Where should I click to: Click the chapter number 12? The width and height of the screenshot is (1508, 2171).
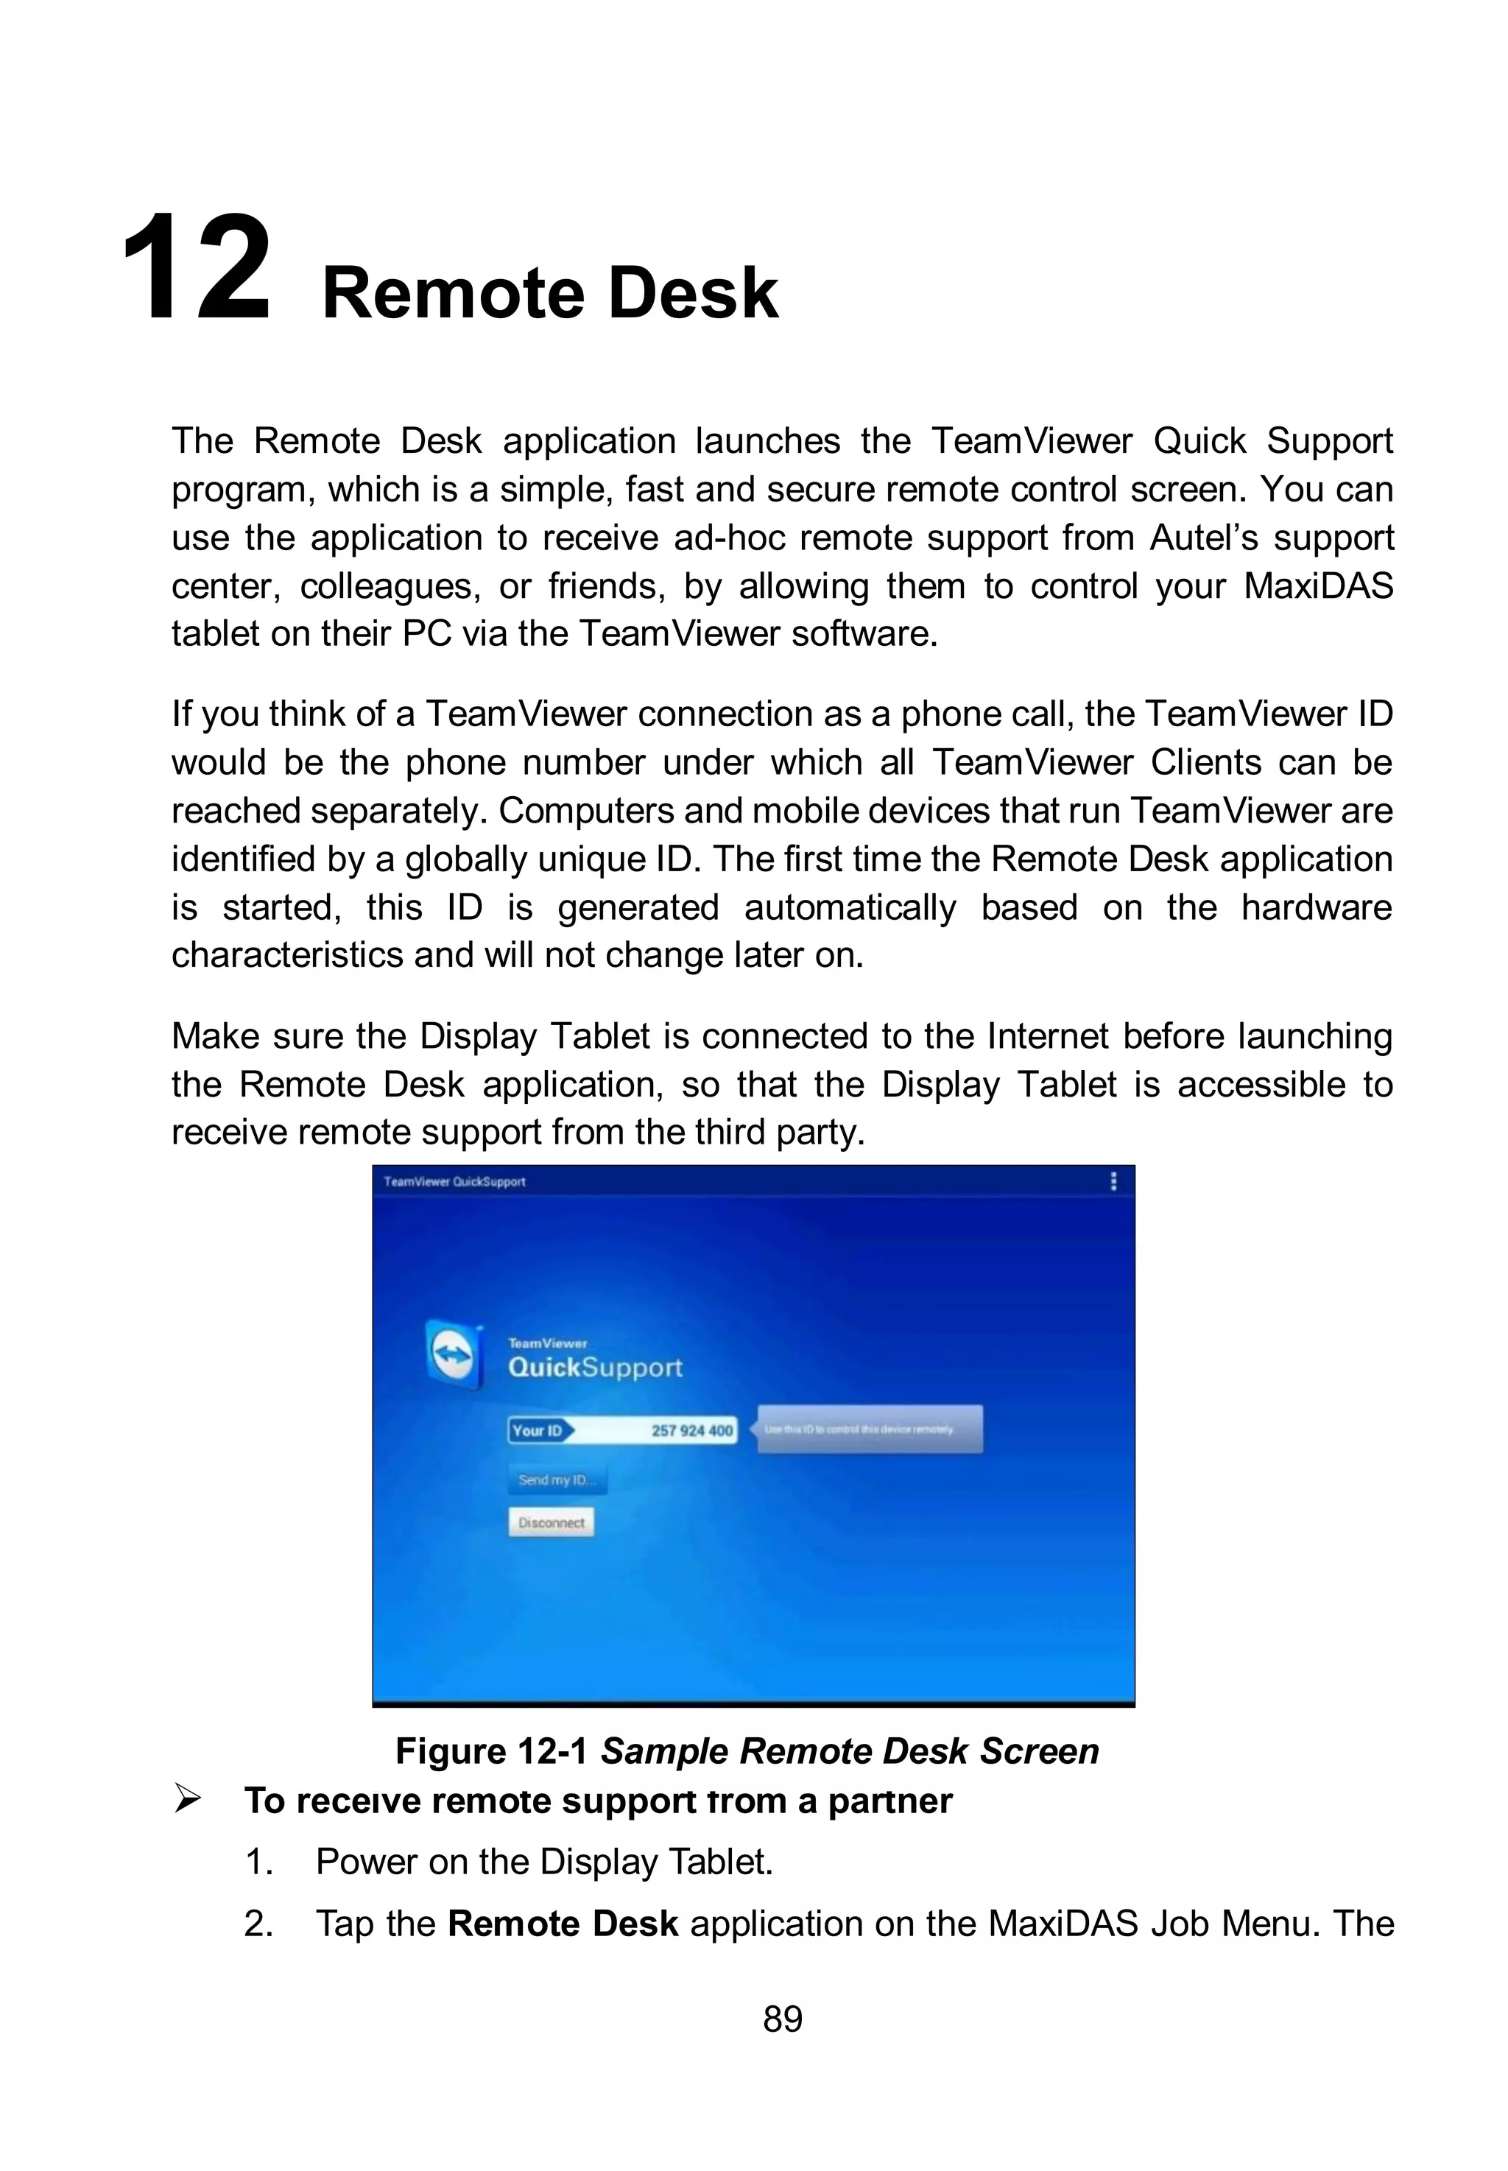tap(196, 270)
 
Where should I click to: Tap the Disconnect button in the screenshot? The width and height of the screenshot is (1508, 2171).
tap(551, 1522)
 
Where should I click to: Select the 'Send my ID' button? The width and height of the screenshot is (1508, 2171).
tap(556, 1479)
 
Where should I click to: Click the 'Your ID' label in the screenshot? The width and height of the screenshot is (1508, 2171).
tap(537, 1430)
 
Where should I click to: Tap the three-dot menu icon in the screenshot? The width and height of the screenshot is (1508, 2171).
tap(1113, 1181)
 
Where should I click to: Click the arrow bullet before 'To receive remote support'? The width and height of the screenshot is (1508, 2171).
tap(187, 1800)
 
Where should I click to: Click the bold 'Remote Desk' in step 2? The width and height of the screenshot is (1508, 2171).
tap(563, 1924)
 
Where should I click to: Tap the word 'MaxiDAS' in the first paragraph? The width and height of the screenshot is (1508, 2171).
tap(1317, 585)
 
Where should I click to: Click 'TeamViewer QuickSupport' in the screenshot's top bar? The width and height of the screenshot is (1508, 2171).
tap(454, 1181)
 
